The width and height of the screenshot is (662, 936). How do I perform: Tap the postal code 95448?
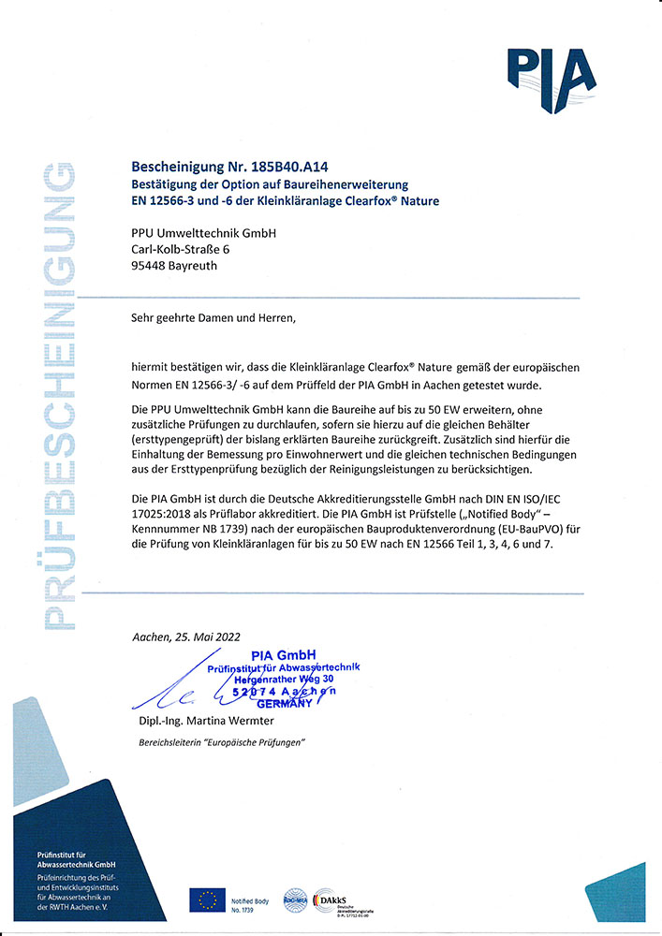tap(151, 266)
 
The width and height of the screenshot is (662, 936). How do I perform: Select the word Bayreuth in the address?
tap(207, 266)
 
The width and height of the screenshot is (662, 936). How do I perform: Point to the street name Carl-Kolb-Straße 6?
tap(188, 249)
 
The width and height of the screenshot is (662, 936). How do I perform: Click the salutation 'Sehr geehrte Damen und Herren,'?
tap(213, 318)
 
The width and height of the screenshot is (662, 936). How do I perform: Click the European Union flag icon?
tap(206, 900)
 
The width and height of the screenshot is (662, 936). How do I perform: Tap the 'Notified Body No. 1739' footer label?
tap(249, 904)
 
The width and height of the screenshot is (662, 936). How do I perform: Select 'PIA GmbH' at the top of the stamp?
tap(285, 654)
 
